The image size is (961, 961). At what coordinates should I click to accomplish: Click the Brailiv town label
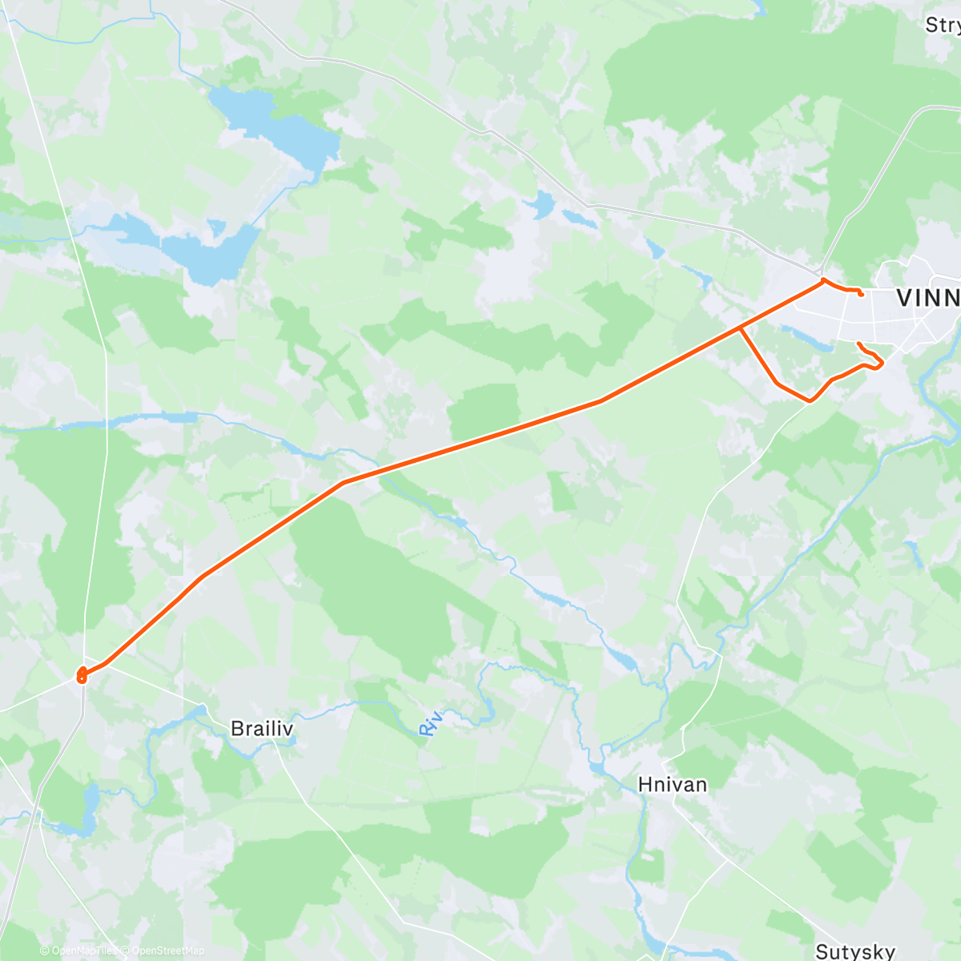(261, 729)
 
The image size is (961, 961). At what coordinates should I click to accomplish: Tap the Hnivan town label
(673, 784)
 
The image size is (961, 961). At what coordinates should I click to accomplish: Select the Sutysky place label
(855, 951)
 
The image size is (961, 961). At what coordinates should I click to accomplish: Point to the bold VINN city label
(927, 298)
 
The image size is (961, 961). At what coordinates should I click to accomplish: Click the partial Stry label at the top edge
(942, 25)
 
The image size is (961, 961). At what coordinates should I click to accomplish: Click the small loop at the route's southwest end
(82, 675)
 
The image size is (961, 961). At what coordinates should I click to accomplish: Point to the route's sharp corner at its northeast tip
(823, 279)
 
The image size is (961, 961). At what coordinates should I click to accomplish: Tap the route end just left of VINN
(861, 294)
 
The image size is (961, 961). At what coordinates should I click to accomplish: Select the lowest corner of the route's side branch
(810, 400)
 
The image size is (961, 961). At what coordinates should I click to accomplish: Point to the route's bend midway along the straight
(601, 400)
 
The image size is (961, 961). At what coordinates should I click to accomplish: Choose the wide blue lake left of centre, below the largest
(180, 244)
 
